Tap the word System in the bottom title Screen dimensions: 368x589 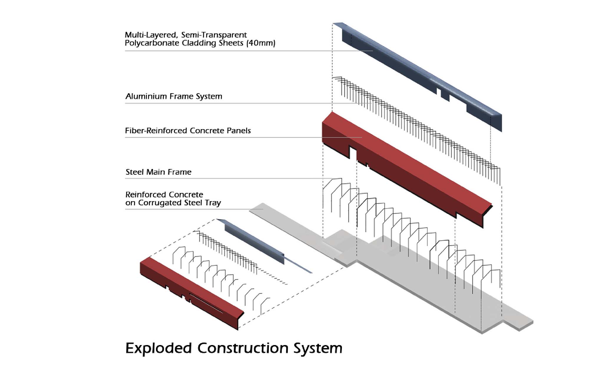point(318,349)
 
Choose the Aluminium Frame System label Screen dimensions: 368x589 point(174,97)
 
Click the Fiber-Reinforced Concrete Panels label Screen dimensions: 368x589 point(188,131)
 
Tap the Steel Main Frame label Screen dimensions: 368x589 point(158,172)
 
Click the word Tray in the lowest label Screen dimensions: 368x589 point(213,203)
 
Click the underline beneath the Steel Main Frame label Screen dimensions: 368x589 point(224,178)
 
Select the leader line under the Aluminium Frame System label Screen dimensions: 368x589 point(236,103)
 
